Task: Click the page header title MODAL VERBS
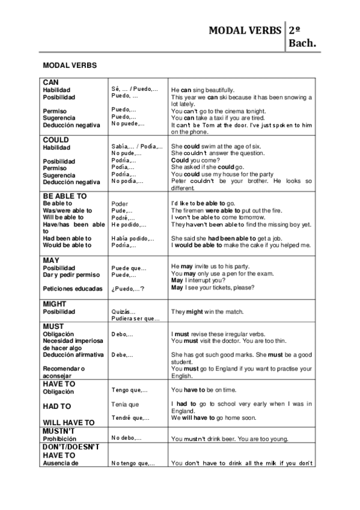point(245,30)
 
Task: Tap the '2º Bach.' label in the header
point(302,36)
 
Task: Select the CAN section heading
point(50,82)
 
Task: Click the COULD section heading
point(56,140)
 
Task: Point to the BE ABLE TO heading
point(65,196)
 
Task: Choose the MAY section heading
point(50,260)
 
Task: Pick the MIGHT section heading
point(55,304)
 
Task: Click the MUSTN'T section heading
point(58,431)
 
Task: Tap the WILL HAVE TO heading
point(69,422)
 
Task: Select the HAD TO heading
point(56,407)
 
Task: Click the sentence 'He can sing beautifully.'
point(203,90)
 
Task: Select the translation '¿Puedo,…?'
point(127,289)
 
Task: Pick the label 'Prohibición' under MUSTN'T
point(59,439)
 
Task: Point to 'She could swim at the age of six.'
point(216,146)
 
